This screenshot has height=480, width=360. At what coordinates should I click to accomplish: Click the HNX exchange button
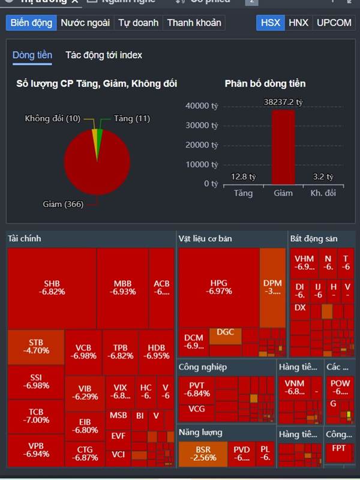[298, 23]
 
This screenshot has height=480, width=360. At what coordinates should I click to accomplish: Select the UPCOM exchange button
[334, 23]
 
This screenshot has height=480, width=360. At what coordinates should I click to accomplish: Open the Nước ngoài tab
[85, 23]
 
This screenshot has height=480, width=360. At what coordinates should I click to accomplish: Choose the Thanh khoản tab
[194, 23]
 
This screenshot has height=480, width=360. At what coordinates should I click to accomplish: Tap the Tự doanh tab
[139, 23]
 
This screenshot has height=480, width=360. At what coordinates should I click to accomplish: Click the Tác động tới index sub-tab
[104, 55]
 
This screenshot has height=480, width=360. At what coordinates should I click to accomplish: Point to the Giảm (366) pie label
[62, 205]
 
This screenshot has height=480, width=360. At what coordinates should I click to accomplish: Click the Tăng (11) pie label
[131, 118]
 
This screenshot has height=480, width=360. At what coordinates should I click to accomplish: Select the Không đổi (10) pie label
[53, 118]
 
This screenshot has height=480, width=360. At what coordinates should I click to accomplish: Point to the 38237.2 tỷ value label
[283, 102]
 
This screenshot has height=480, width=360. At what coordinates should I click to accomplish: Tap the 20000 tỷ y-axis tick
[202, 145]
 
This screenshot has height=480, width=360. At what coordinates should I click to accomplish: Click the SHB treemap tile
[52, 287]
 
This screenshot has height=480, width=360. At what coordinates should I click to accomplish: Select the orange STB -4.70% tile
[35, 347]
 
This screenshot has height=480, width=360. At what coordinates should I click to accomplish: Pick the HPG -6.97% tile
[218, 287]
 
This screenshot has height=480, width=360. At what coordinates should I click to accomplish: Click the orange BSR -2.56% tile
[202, 454]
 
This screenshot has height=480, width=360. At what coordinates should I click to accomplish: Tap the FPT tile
[339, 448]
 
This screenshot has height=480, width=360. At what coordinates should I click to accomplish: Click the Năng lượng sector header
[200, 432]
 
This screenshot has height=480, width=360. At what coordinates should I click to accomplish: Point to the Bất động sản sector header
[314, 239]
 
